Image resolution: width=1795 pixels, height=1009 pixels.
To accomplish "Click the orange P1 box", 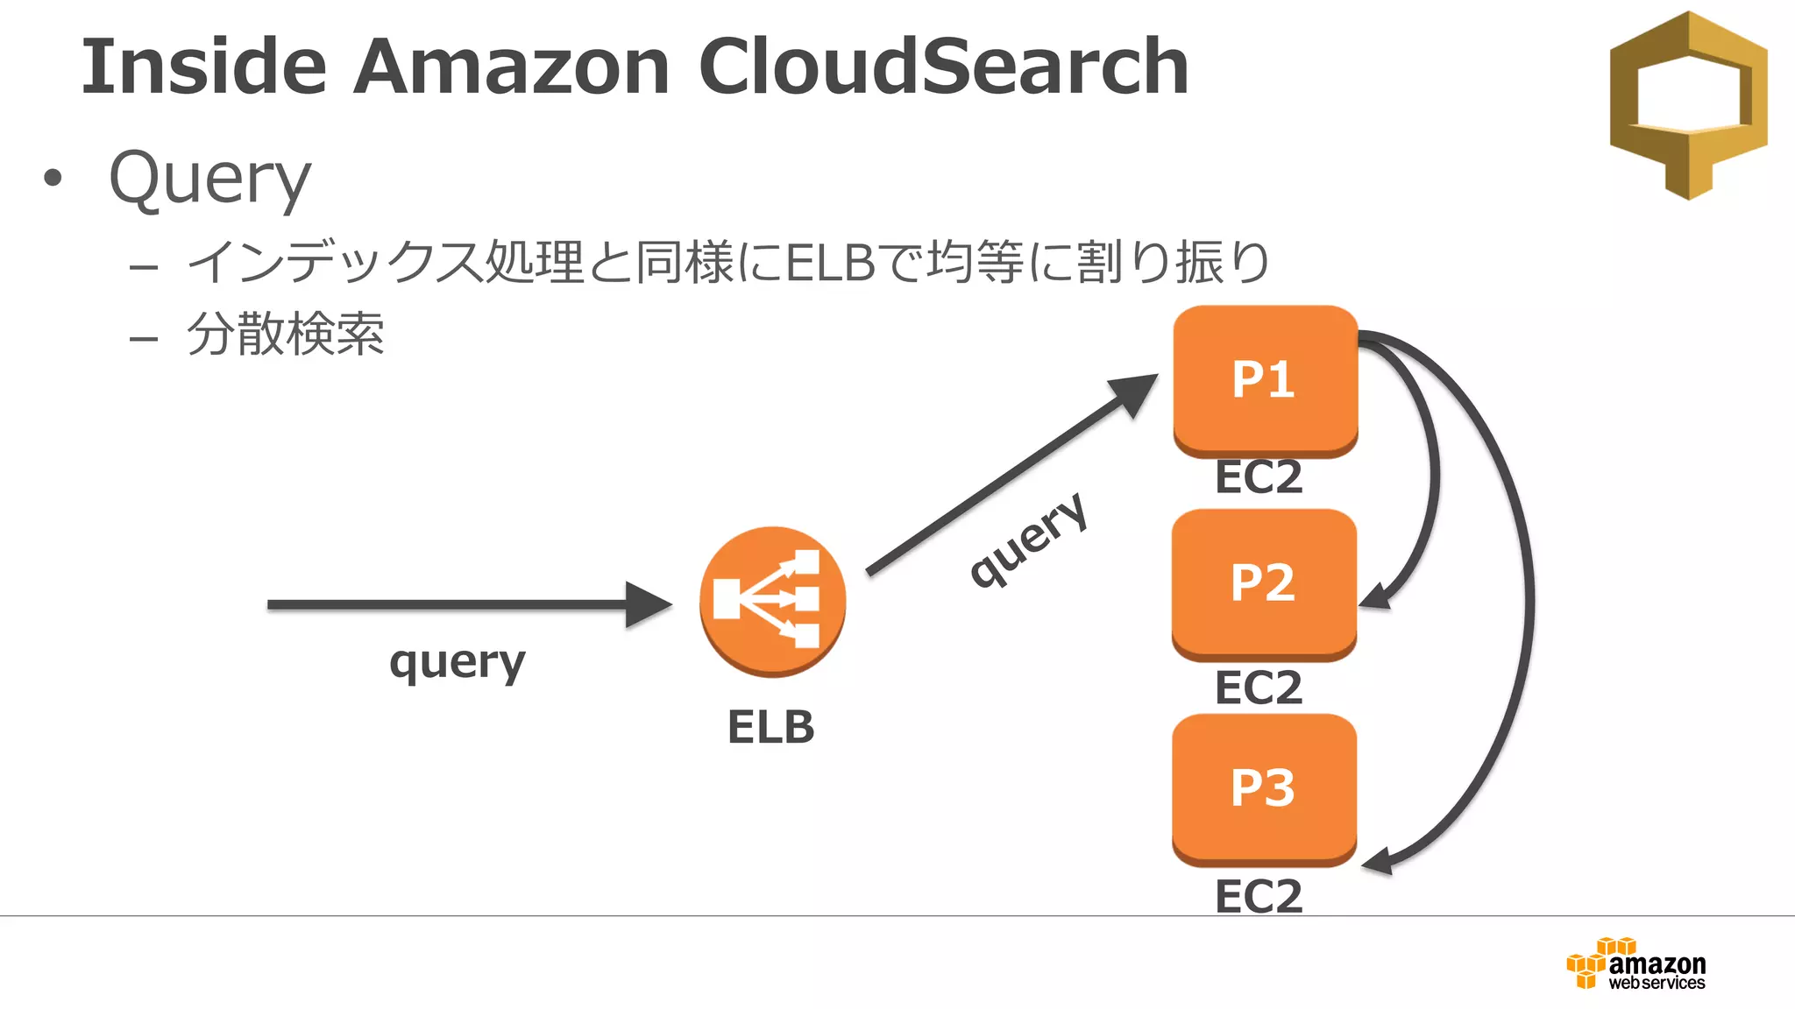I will point(1265,380).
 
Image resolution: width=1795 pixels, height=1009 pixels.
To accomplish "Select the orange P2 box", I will point(1264,583).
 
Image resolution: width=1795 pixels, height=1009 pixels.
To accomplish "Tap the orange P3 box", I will point(1264,788).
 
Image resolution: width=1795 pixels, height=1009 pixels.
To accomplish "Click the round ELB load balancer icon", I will point(772,601).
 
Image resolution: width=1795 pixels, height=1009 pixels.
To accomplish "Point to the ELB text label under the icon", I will point(770,727).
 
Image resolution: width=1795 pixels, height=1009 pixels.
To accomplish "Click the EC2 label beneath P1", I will point(1259,477).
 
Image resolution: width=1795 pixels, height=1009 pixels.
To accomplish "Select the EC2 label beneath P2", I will point(1259,688).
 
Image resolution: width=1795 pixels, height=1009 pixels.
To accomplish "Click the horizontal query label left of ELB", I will point(458,662).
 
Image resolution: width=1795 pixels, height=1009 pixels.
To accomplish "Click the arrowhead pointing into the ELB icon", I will point(649,604).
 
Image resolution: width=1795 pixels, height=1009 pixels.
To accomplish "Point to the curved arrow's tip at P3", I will point(1377,862).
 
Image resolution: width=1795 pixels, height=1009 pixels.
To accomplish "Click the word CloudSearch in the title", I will point(943,67).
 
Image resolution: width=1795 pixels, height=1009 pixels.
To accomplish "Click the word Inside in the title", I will point(203,67).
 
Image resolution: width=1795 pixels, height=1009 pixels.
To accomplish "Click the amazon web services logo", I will point(1636,964).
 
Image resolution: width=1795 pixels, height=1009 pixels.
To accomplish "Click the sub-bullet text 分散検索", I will point(286,335).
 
